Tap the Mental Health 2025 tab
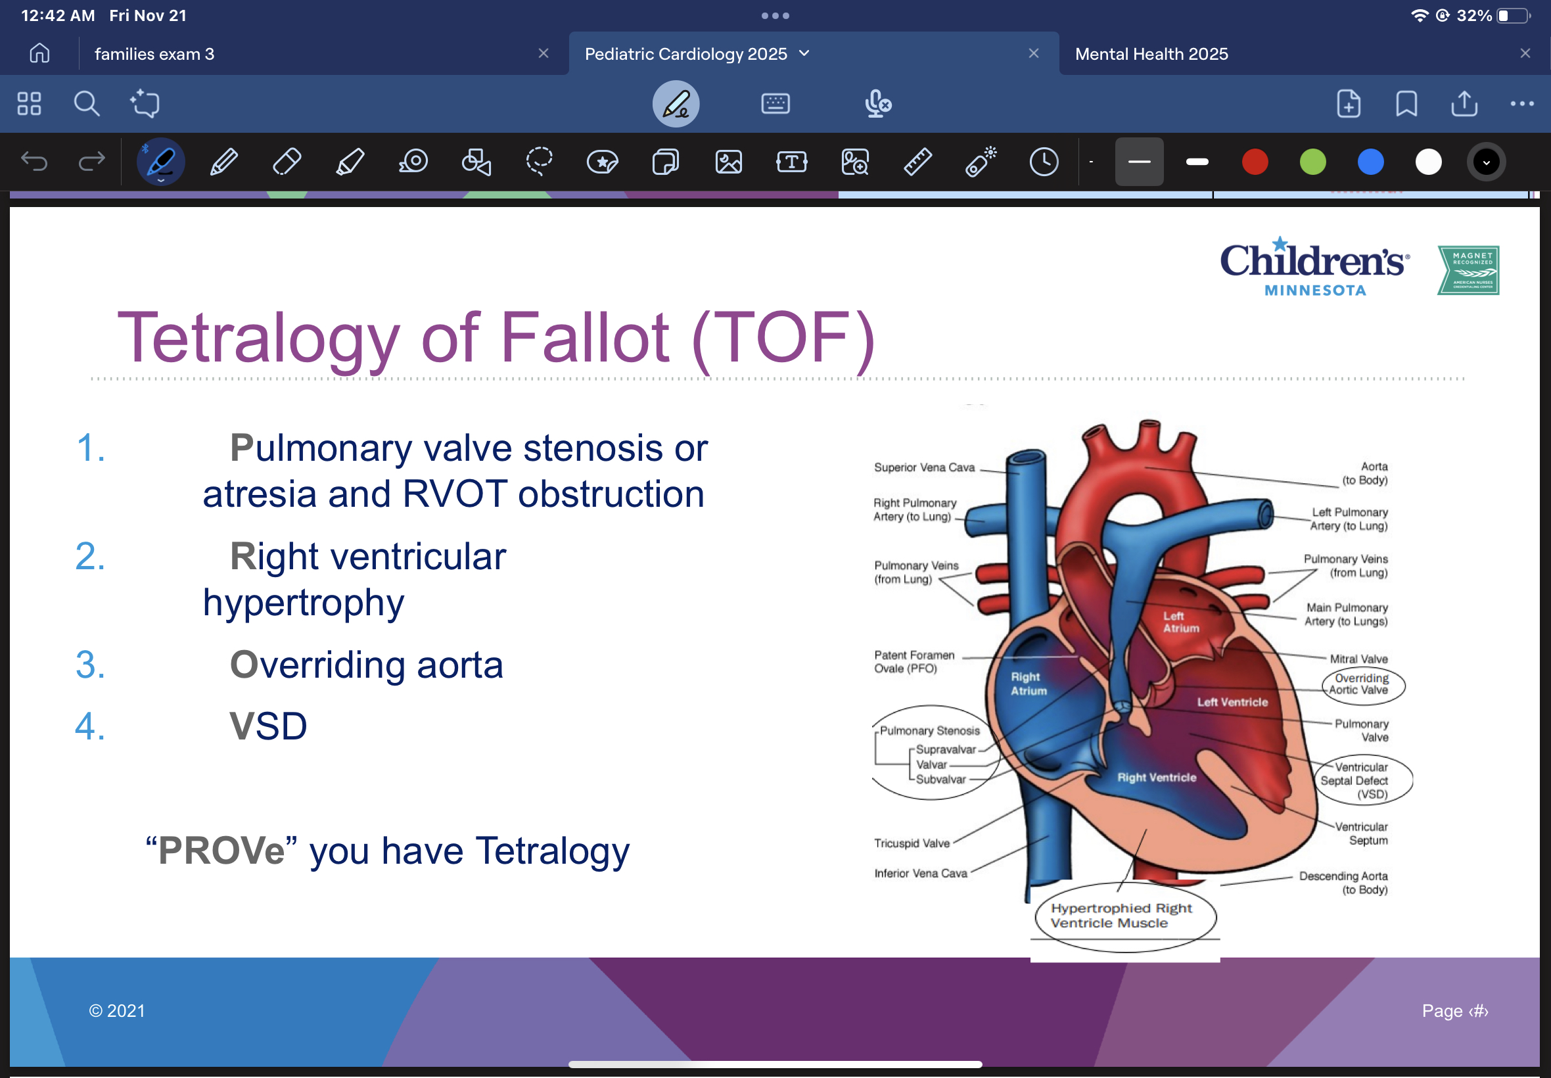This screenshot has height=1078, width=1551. tap(1151, 54)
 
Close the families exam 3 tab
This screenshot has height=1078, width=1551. tap(543, 53)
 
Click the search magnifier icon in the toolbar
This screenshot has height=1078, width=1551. tap(87, 104)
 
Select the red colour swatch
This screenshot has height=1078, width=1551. tap(1254, 162)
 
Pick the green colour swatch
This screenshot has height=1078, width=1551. tap(1312, 162)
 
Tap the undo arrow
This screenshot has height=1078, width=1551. tap(34, 162)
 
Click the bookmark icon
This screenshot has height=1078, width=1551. tap(1406, 104)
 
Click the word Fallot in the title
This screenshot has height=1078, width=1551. tap(584, 338)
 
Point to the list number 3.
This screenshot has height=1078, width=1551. tap(90, 665)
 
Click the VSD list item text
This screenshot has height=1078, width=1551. tap(268, 727)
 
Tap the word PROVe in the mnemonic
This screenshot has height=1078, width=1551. tap(221, 851)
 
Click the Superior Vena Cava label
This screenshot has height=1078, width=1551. tap(924, 467)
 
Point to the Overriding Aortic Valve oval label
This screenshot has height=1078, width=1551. tap(1360, 684)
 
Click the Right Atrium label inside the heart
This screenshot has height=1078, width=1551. tap(1028, 684)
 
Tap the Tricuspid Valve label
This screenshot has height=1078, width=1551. tap(911, 843)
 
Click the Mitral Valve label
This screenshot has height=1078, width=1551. tap(1358, 659)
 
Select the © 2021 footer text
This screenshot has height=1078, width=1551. tap(117, 1011)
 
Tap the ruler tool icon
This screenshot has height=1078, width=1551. tap(917, 162)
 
